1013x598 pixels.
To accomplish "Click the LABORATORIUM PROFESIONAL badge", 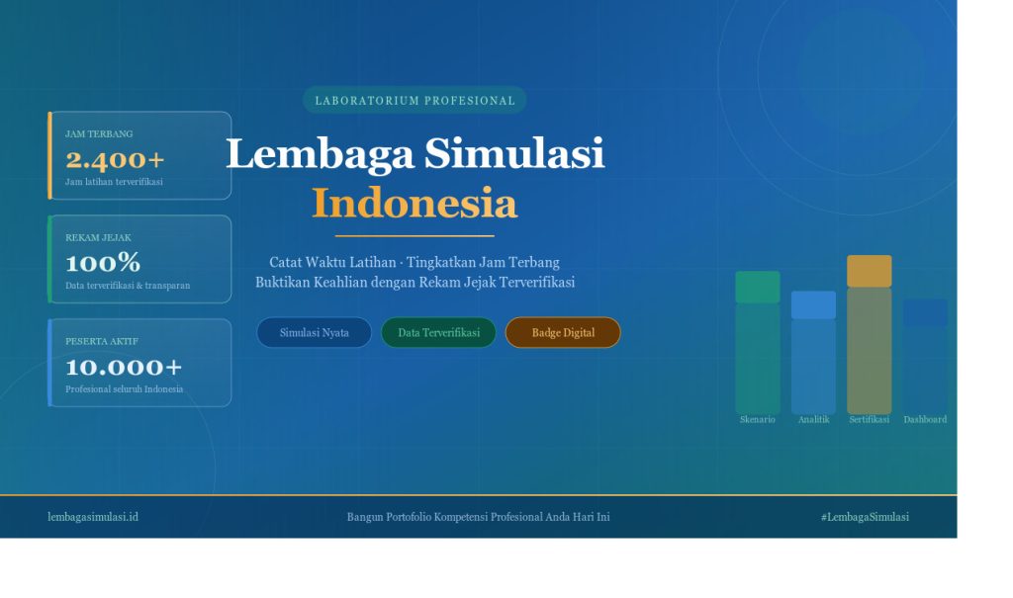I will (x=414, y=100).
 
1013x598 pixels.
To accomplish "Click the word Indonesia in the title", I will (x=414, y=204).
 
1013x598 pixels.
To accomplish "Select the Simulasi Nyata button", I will (x=314, y=332).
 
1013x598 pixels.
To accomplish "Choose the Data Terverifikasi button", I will (x=438, y=332).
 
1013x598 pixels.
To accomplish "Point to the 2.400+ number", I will (x=115, y=159).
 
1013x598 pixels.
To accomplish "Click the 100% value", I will (x=103, y=263).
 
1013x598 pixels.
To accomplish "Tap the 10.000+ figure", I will (x=124, y=367).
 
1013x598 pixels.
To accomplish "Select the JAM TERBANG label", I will (x=99, y=133).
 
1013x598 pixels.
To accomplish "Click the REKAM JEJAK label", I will (x=98, y=237).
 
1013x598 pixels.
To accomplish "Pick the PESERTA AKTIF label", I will (x=102, y=341).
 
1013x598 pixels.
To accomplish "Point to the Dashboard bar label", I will (x=925, y=419).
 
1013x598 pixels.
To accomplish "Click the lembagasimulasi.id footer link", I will (x=93, y=517).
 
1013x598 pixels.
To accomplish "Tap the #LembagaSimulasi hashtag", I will (x=865, y=517).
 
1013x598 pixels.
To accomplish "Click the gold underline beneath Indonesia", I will (x=414, y=236).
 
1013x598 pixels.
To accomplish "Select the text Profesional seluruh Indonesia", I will (x=124, y=388).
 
